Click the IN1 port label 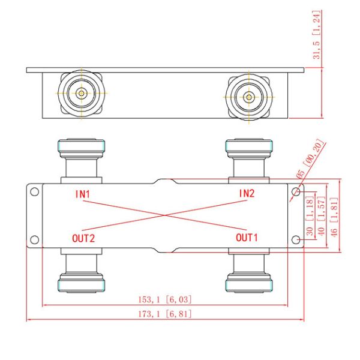[82, 194]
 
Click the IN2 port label [247, 193]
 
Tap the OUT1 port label [247, 238]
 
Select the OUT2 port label [84, 238]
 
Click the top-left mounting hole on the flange [34, 192]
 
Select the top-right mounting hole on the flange [295, 192]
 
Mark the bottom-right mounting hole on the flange [295, 240]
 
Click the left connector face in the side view [80, 94]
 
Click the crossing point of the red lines [164, 216]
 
